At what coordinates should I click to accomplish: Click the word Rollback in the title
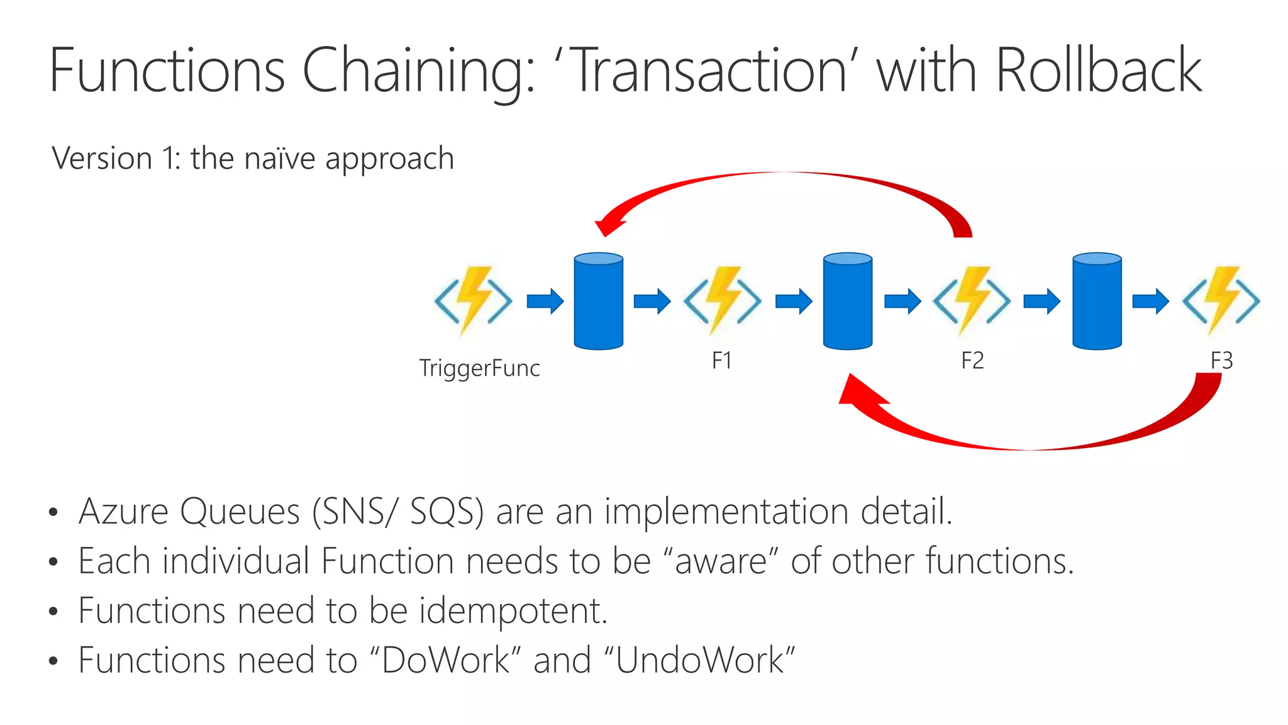(1097, 70)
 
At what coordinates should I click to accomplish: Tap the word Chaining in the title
(418, 70)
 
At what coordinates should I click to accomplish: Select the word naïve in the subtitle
(279, 158)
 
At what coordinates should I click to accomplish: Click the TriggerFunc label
(479, 368)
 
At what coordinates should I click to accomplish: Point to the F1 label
(721, 361)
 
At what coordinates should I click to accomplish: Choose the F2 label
(972, 361)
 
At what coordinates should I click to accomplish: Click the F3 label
(1221, 361)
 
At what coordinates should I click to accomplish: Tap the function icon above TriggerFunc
(473, 300)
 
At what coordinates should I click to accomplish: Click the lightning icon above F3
(1221, 300)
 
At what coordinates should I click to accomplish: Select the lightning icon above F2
(972, 300)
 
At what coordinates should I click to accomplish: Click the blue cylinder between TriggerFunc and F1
(598, 301)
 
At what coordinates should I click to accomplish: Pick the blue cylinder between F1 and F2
(847, 301)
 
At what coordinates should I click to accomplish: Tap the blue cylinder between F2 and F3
(1097, 301)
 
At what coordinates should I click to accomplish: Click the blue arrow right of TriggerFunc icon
(545, 301)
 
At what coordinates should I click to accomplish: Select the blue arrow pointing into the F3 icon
(1150, 301)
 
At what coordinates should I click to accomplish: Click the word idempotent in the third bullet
(513, 610)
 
